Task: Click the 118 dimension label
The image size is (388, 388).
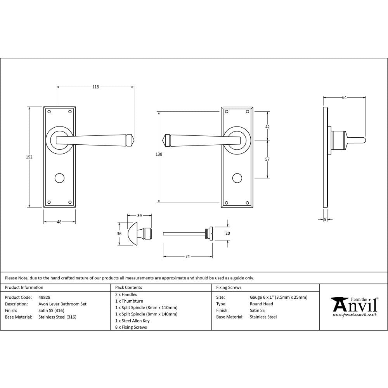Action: tap(95, 87)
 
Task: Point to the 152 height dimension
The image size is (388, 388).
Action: tap(29, 157)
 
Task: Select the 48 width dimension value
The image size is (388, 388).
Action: tap(59, 222)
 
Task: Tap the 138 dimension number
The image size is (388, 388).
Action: tap(158, 154)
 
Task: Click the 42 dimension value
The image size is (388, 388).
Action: tap(267, 126)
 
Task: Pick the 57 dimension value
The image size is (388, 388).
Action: tap(267, 159)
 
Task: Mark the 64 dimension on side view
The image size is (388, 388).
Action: tap(344, 98)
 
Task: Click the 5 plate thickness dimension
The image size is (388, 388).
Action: tap(325, 220)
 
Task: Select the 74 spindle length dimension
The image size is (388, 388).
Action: tap(187, 256)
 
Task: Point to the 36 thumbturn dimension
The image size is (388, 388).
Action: tap(119, 234)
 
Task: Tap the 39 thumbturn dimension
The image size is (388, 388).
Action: tap(139, 215)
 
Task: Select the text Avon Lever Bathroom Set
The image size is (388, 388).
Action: tap(62, 304)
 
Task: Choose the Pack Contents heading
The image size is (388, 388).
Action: tap(128, 288)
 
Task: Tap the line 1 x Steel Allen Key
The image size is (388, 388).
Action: tap(132, 320)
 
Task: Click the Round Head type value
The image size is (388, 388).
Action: tap(262, 304)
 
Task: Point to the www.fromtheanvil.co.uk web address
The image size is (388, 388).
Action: tap(355, 315)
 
